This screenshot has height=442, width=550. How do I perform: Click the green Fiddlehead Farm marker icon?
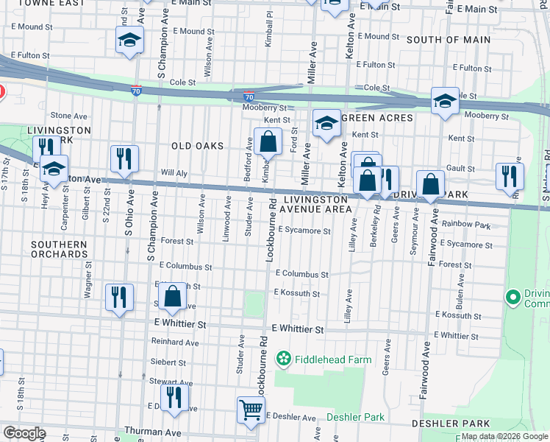click(x=282, y=359)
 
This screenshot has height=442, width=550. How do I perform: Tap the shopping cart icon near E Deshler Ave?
click(x=251, y=409)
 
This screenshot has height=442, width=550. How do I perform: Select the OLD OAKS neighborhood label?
click(x=197, y=146)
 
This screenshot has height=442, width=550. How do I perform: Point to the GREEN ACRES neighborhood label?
click(x=377, y=118)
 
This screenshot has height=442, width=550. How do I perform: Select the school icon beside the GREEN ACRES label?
click(x=326, y=122)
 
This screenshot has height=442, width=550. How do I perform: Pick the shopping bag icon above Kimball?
click(x=268, y=141)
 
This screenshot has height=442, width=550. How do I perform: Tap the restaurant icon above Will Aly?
click(x=124, y=158)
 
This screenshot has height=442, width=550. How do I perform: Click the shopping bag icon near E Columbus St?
click(x=172, y=296)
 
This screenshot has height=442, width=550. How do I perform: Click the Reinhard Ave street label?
click(x=175, y=343)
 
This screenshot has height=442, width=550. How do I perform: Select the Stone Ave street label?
click(x=69, y=116)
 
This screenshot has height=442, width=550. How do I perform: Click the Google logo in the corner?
click(x=24, y=433)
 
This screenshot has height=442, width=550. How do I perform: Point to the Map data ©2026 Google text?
click(x=504, y=436)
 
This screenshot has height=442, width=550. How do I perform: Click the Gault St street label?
click(x=460, y=169)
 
